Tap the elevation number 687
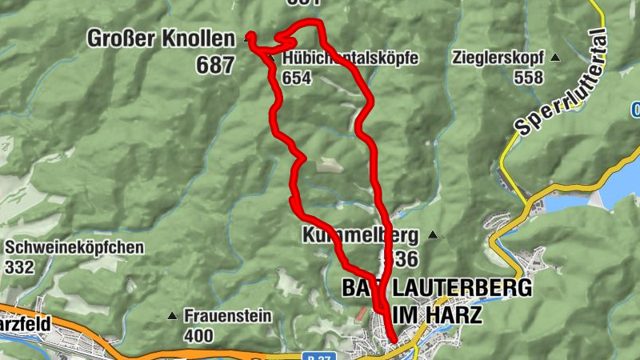215,65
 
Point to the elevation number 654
296,78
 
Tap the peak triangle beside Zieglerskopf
555,58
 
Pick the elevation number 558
529,78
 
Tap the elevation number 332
20,266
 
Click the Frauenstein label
228,315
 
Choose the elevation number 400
198,335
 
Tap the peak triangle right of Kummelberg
434,235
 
